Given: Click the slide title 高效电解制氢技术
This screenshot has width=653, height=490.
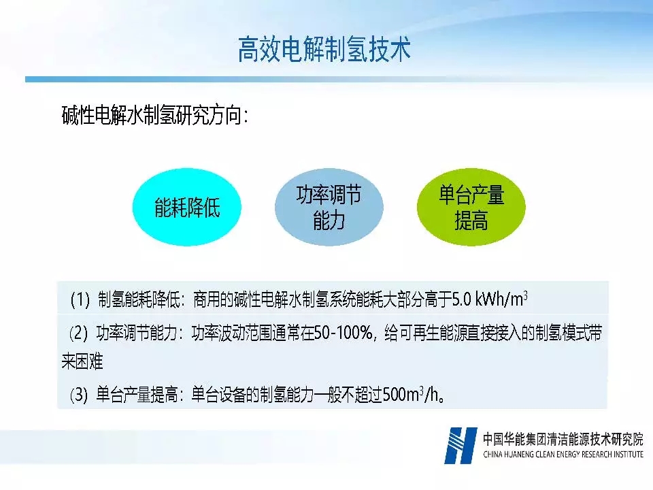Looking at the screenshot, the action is click(x=324, y=49).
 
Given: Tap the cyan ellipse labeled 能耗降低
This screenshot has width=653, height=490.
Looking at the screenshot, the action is click(x=187, y=207).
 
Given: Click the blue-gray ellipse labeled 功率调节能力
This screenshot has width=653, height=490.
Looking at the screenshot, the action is click(x=329, y=207).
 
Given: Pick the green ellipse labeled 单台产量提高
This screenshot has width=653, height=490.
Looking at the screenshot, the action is click(x=471, y=207).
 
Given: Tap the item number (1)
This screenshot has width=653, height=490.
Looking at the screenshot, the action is click(x=80, y=299).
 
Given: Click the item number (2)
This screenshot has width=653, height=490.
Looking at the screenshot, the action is click(x=78, y=333).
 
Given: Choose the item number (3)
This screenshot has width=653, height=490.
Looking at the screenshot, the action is click(x=79, y=394).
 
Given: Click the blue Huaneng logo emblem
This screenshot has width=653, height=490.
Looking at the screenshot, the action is click(x=461, y=445).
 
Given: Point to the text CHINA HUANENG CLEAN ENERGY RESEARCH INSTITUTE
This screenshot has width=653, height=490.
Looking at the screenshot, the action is click(x=563, y=454).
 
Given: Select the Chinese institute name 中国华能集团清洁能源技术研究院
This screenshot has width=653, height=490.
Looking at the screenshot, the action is click(x=563, y=439).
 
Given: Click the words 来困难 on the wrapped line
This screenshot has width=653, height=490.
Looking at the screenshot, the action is click(x=82, y=361).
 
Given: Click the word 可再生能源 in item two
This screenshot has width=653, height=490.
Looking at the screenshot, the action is click(x=433, y=333).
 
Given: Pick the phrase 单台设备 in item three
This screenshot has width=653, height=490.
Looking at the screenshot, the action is click(x=218, y=394).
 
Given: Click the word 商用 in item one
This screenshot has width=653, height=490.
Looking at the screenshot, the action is click(x=207, y=299).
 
